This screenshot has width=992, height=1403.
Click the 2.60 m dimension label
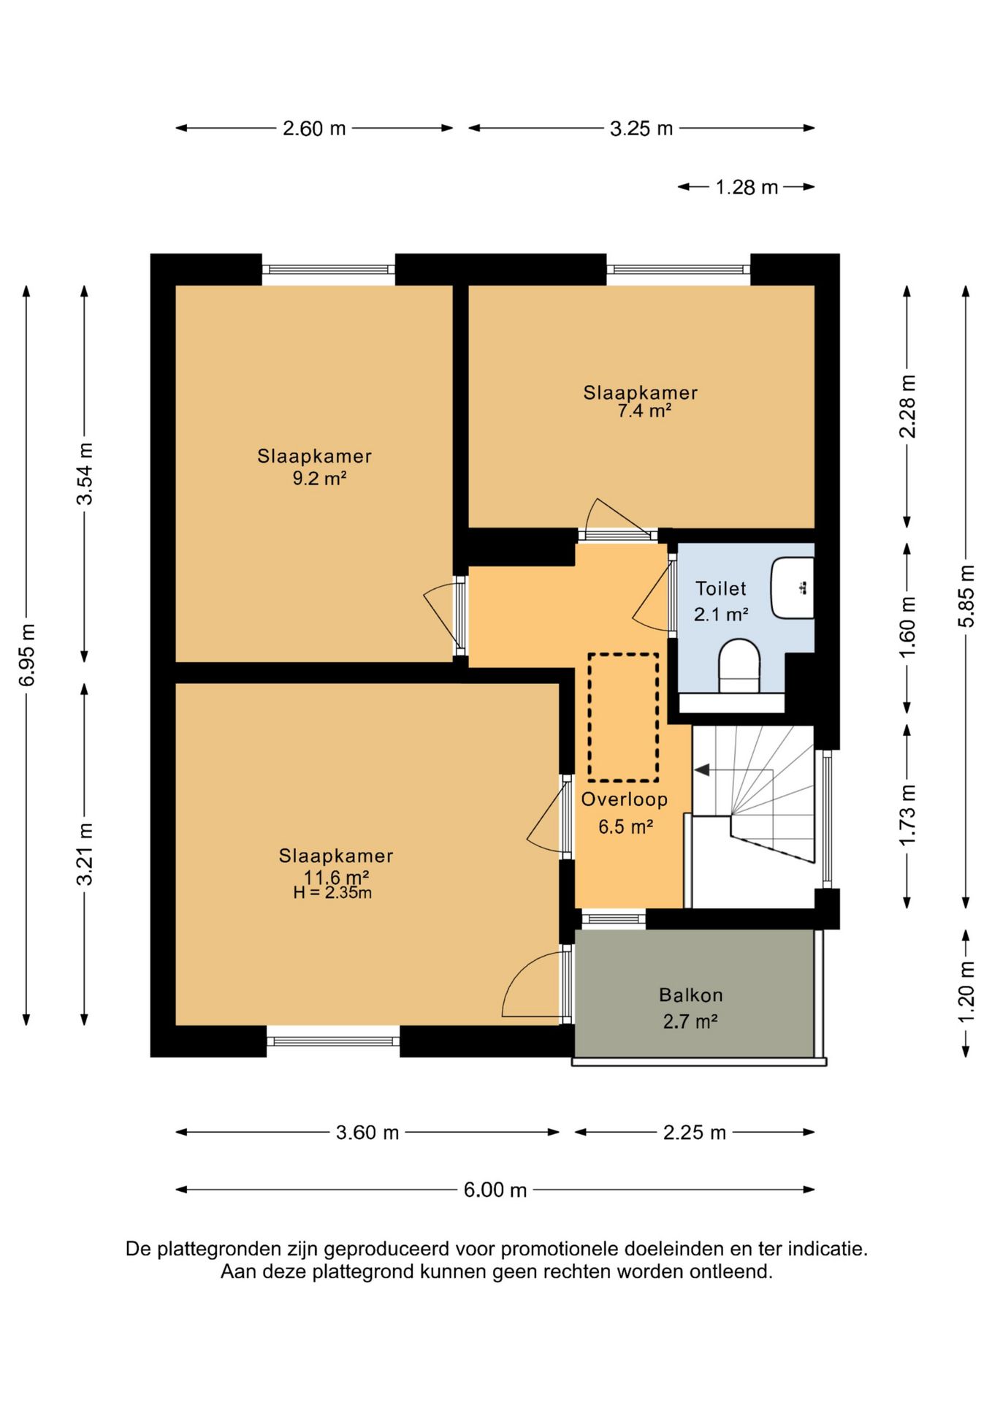point(314,129)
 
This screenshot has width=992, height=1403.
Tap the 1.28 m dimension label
point(747,187)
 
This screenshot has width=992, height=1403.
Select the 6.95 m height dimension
point(27,655)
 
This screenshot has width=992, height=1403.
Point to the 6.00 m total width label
point(495,1190)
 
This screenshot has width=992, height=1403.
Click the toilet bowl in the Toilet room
point(739,666)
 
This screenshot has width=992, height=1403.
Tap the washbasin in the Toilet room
point(793,588)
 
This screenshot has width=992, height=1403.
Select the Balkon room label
point(690,995)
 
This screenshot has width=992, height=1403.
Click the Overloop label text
point(625,799)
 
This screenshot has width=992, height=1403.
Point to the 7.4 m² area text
point(644,411)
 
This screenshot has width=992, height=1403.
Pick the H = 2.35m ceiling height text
point(332,892)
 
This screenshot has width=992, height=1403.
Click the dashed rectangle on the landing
point(623,717)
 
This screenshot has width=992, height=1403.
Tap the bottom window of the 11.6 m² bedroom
point(333,1041)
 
